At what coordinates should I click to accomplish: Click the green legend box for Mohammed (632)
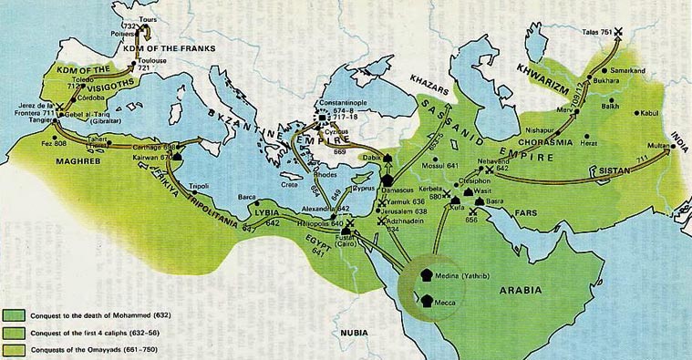pyautogui.click(x=15, y=315)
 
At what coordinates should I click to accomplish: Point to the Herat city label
pyautogui.click(x=589, y=142)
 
